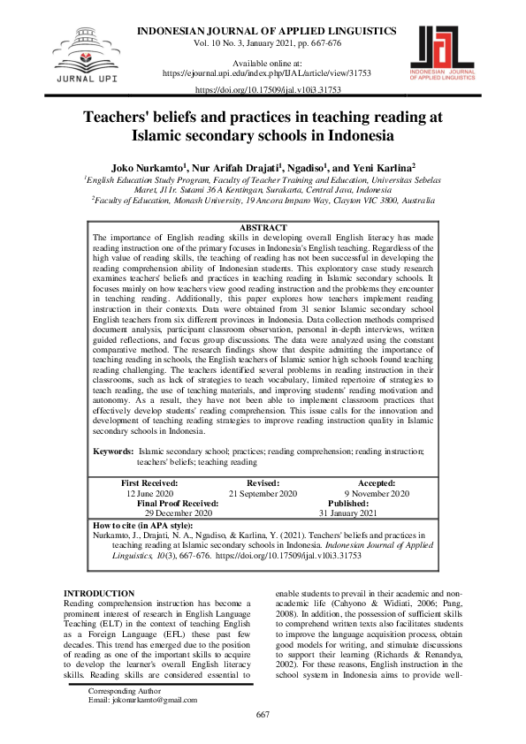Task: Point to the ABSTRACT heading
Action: point(263,228)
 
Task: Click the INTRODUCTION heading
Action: point(101,593)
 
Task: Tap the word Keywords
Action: point(114,452)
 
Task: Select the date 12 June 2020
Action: point(149,494)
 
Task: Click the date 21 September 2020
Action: point(263,494)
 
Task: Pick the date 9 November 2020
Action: point(376,494)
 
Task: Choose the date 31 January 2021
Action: point(347,513)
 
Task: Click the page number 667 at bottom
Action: point(263,714)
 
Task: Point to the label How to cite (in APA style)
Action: point(141,525)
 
